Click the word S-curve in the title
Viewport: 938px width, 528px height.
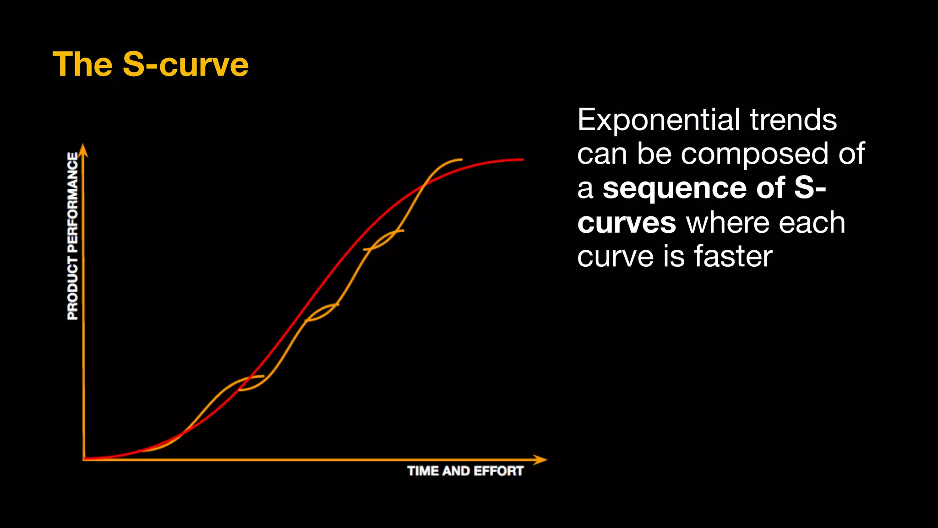pos(185,65)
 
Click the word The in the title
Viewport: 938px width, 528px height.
pos(82,65)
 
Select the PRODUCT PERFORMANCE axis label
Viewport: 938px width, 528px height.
pos(72,236)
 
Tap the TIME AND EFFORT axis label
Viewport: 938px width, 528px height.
pos(465,471)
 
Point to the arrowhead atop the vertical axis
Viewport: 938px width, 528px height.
pos(83,149)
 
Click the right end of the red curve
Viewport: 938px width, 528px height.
pos(522,159)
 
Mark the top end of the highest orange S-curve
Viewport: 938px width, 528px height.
pos(460,159)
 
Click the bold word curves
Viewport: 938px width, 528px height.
pos(626,223)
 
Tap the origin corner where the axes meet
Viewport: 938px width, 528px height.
pos(84,459)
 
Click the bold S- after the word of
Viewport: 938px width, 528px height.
pos(810,188)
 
